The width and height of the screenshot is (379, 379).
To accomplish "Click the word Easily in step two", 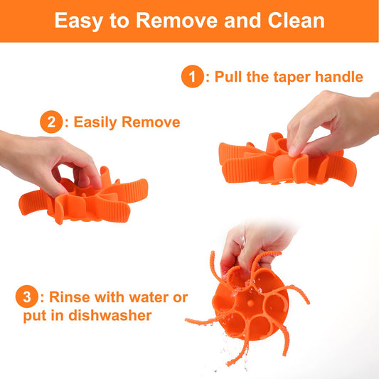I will pos(95,123).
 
